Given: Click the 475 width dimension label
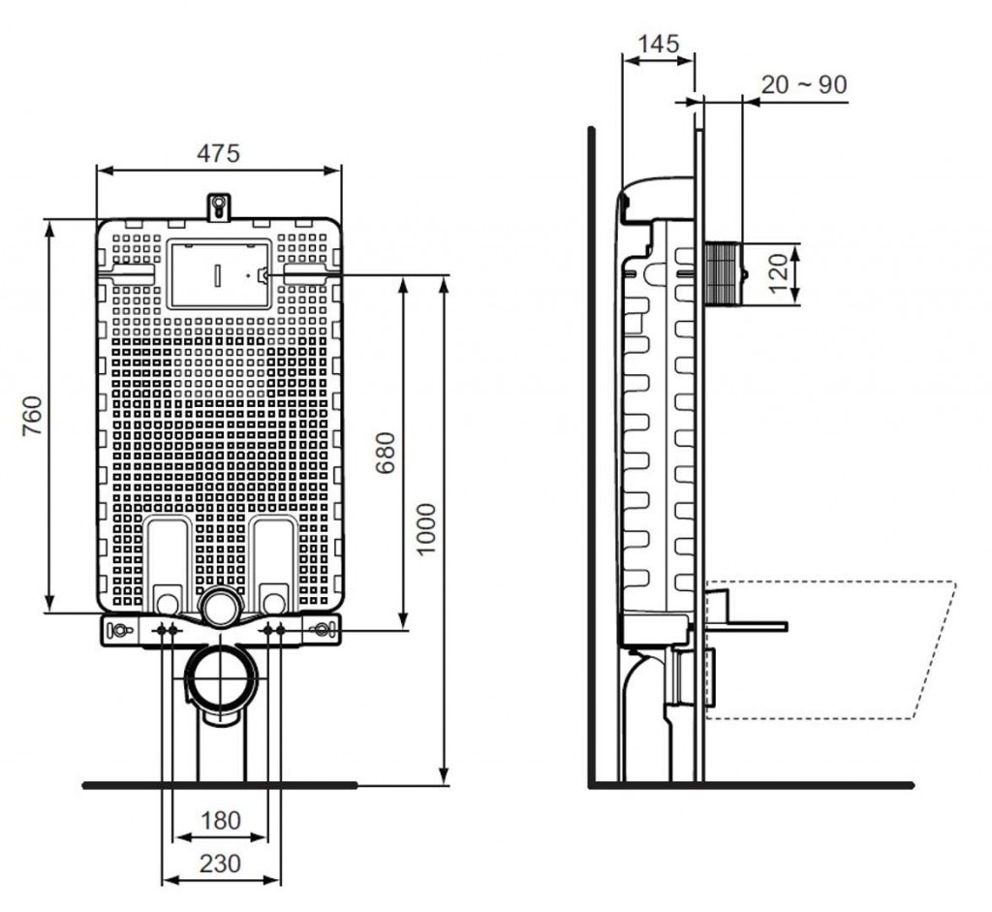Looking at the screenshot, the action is point(218,153).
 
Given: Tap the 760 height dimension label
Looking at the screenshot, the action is point(32,415).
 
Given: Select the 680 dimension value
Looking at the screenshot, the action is point(386,453).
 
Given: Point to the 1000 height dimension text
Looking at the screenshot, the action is point(426,529).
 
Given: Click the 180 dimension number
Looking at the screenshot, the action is point(221,820).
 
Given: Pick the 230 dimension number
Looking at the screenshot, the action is point(221,864).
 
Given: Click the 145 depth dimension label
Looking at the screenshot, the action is point(658,44).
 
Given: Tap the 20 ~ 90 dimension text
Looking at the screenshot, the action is point(803,84).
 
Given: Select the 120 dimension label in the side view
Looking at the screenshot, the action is point(780,272).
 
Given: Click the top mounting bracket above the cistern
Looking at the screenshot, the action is point(219,207).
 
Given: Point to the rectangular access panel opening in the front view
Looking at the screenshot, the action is point(219,273).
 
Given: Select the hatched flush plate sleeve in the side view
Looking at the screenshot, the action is point(723,273).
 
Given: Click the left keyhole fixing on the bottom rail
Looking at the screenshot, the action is point(120,630).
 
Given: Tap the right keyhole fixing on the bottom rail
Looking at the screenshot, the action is point(322,629).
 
